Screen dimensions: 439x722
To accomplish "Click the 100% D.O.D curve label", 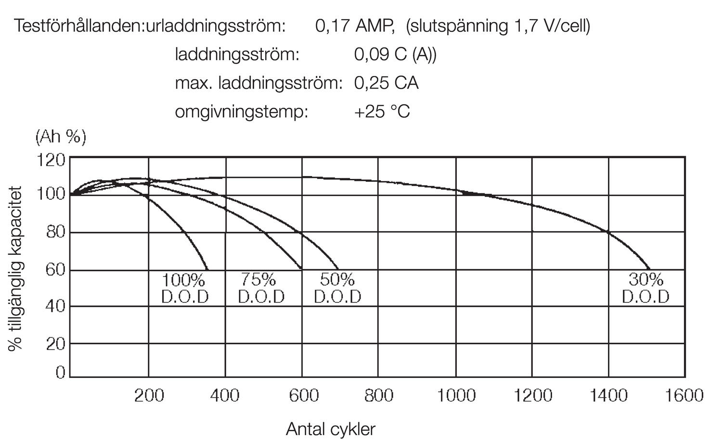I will [x=185, y=288].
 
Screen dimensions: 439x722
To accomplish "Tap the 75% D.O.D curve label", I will [x=261, y=288].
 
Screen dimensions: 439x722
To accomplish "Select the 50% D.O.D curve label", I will [x=337, y=288].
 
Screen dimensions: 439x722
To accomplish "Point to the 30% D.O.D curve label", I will [x=645, y=288].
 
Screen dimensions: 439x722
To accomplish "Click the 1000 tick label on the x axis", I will [x=456, y=396].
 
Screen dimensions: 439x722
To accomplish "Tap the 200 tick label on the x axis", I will [x=149, y=396].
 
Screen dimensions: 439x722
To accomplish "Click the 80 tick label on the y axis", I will [x=55, y=232].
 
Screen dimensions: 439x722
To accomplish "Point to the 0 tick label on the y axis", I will [x=60, y=372].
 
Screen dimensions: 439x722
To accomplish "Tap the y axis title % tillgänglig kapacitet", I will [x=15, y=269].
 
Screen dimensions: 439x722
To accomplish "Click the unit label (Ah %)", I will [x=61, y=137].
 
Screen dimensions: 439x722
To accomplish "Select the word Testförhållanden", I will [x=79, y=25].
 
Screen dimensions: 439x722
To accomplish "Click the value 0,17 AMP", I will [x=355, y=25].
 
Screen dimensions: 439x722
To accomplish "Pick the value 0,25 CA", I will [x=386, y=83].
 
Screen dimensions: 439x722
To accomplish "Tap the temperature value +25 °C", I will [x=382, y=112].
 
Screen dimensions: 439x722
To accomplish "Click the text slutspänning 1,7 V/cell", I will [x=498, y=25].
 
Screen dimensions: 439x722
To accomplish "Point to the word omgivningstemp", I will [x=241, y=112].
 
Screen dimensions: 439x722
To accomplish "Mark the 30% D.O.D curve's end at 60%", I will [x=650, y=269].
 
